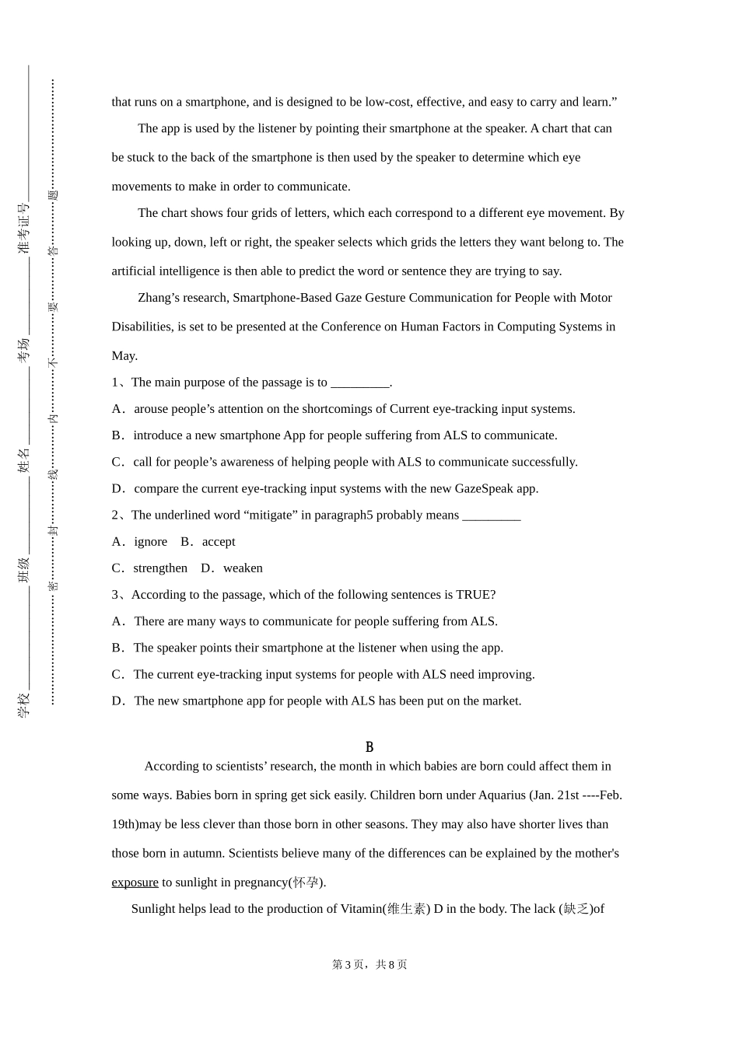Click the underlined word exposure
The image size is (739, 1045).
(135, 882)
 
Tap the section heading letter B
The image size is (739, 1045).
(369, 747)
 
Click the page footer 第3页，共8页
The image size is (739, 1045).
(369, 965)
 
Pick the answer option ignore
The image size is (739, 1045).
(150, 542)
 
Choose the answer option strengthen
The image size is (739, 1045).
(160, 568)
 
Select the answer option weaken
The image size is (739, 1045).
(243, 568)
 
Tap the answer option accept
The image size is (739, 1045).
(219, 542)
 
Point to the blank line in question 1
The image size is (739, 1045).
(359, 383)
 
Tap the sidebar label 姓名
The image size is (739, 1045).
(24, 460)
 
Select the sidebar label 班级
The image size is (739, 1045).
(24, 570)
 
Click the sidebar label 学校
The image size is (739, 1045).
(24, 704)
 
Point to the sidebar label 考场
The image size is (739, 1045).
(24, 350)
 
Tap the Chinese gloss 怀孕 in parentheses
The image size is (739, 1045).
(306, 882)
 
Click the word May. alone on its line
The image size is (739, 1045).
(124, 356)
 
